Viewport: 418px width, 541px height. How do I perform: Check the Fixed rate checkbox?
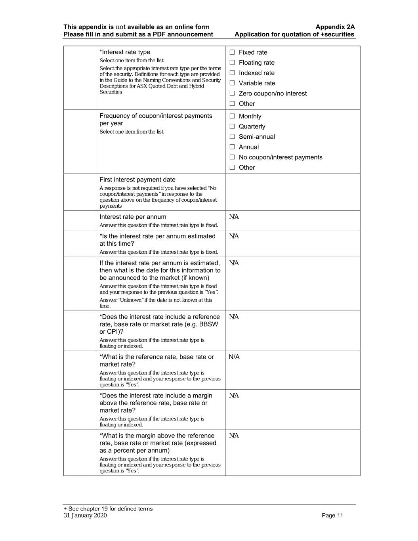click(x=232, y=52)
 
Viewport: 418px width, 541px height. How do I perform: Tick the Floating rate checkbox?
click(x=232, y=63)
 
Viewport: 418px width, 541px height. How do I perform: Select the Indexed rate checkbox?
click(x=232, y=73)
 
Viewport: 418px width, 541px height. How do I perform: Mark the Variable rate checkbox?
click(x=232, y=83)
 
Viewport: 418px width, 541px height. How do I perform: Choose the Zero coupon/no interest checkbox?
click(x=232, y=94)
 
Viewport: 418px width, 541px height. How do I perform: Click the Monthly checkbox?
click(x=232, y=116)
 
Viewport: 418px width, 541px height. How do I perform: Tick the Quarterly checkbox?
click(x=232, y=126)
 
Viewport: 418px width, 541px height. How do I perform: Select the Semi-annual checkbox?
click(x=232, y=137)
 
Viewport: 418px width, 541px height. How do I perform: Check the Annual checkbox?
click(x=232, y=147)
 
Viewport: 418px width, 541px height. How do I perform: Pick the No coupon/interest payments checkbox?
click(x=232, y=157)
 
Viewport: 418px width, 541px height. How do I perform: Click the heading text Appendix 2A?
click(x=335, y=27)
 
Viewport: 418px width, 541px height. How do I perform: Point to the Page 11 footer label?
click(x=332, y=515)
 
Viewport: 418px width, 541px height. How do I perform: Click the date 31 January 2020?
click(x=85, y=515)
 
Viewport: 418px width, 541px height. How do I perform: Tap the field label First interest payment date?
click(x=137, y=180)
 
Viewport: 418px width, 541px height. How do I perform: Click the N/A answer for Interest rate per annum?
click(x=234, y=217)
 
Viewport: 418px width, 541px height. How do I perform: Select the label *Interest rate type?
click(x=125, y=52)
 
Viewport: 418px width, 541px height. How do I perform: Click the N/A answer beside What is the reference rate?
click(x=234, y=357)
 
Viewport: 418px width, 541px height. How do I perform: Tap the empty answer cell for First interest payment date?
click(x=292, y=192)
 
